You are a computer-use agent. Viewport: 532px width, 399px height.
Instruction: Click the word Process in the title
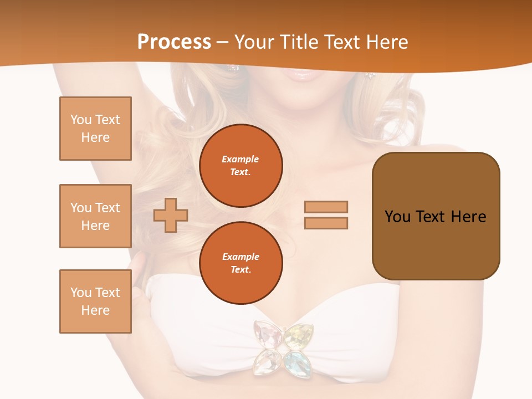[x=174, y=42]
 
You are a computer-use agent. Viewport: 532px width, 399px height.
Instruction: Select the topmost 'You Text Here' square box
[x=95, y=129]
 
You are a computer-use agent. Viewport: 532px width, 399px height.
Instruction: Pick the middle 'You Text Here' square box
[x=95, y=216]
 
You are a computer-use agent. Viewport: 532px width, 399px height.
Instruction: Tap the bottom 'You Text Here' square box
[x=95, y=301]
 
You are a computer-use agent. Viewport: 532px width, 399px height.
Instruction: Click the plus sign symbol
[x=171, y=215]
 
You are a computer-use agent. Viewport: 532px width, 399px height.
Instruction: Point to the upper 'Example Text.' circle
[x=241, y=166]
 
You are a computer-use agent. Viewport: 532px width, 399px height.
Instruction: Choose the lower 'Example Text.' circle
[x=241, y=263]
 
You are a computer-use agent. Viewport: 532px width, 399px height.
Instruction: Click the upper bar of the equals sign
[x=326, y=207]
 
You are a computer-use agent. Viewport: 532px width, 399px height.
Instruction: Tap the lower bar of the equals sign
[x=326, y=223]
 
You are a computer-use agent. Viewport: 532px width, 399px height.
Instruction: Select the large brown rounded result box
[x=436, y=216]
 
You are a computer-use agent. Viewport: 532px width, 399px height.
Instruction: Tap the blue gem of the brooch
[x=298, y=360]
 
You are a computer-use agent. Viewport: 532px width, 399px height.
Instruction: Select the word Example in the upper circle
[x=240, y=160]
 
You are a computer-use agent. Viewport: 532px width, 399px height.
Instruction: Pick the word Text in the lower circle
[x=240, y=270]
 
